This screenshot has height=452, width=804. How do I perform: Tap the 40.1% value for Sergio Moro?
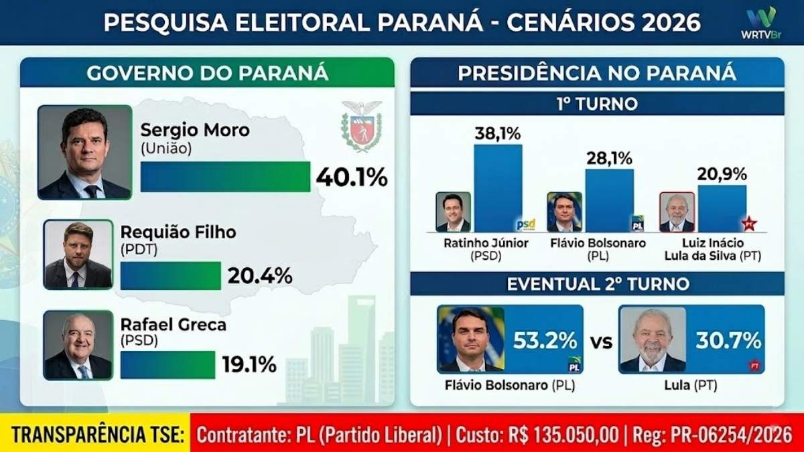352,177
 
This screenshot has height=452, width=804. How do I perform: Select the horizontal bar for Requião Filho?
170,275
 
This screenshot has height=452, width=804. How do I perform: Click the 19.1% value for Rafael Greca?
249,364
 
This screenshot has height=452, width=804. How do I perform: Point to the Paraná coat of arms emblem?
361,126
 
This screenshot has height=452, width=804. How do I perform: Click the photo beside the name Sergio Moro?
84,153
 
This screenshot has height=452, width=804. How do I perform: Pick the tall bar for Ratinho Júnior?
497,188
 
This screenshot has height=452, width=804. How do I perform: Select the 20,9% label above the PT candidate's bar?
722,175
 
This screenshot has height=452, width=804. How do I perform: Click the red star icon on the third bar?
748,224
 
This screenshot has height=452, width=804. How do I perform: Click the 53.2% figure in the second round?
545,340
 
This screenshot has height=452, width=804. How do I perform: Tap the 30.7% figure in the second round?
728,340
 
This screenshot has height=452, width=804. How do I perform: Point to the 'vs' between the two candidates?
601,342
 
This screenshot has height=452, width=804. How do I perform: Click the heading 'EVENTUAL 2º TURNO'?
598,283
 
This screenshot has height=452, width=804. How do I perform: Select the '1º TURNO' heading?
597,104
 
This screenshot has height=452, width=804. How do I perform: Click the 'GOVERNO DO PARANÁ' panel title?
207,72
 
